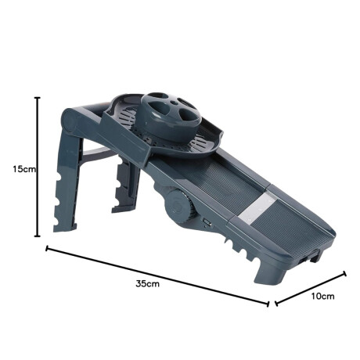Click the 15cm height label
[x=24, y=169]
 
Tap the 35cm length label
[x=147, y=283]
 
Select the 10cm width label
[x=322, y=296]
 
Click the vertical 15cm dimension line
[x=38, y=167]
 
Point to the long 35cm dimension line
[x=157, y=276]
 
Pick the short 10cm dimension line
[x=311, y=288]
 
